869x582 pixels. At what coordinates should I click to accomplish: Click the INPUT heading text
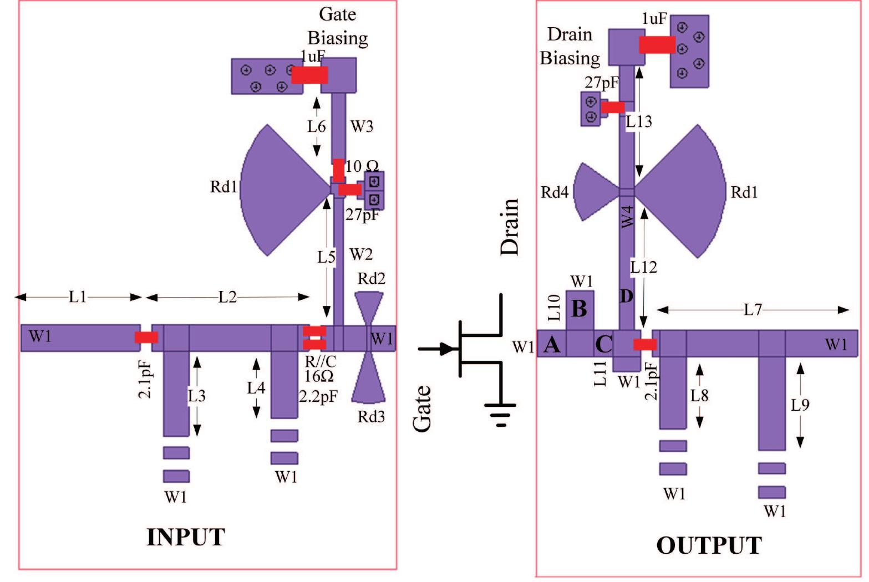tap(185, 537)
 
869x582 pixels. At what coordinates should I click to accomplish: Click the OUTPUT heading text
tap(709, 545)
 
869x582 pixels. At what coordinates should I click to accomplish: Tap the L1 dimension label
tap(78, 297)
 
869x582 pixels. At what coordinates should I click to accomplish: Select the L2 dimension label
tap(227, 297)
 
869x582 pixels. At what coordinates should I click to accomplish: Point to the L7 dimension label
tap(753, 310)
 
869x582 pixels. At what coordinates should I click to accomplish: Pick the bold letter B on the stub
tap(579, 309)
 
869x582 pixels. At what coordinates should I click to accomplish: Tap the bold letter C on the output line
tap(603, 345)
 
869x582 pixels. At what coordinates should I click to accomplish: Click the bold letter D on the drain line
tap(626, 297)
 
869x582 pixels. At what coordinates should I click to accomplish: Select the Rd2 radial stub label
tap(371, 278)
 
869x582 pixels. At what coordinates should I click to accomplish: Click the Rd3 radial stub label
tap(371, 416)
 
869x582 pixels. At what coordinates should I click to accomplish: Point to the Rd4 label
tap(555, 192)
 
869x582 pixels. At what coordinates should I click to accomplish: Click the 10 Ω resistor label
tap(362, 166)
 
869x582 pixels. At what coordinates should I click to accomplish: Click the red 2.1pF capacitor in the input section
tap(147, 337)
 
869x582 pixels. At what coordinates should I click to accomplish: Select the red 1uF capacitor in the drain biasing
tap(657, 45)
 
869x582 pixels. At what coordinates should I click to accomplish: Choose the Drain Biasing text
tap(570, 46)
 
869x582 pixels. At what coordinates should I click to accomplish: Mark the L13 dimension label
tap(638, 121)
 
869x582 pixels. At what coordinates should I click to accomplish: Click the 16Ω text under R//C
tap(319, 376)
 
